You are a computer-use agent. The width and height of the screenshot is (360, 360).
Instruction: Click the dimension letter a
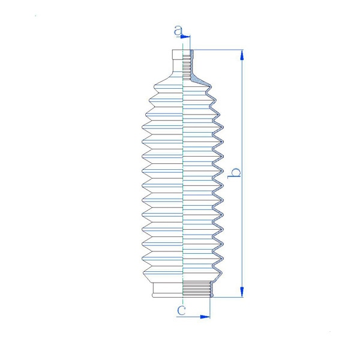point(178,31)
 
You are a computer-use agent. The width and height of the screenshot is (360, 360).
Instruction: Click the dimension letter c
point(181,310)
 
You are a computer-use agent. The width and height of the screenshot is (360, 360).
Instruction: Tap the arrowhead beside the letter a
point(185,37)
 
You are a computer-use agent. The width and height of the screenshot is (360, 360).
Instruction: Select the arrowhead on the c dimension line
point(205,317)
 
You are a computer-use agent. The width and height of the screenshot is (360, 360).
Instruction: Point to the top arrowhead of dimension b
point(242,55)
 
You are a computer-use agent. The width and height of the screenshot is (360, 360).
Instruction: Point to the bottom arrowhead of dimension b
point(242,292)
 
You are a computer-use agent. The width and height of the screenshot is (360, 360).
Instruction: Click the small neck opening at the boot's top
point(178,55)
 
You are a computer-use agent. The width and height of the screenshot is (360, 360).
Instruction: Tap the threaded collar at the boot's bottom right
point(197,289)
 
